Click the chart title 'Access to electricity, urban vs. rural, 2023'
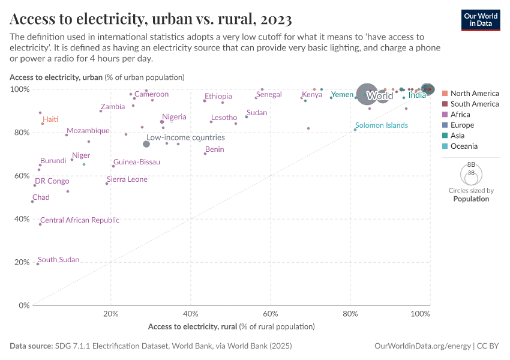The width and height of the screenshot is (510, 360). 151,19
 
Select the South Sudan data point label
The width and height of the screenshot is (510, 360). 58,260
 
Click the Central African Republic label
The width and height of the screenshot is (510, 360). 79,220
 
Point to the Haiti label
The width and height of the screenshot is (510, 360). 50,119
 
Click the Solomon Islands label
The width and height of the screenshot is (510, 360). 381,125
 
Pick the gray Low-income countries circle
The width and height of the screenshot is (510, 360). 146,144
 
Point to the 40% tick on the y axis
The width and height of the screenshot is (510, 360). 22,219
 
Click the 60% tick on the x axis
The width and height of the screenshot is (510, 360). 271,314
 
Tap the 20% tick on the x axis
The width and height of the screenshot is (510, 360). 110,314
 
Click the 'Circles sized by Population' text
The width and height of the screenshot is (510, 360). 471,195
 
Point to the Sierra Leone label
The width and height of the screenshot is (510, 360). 127,179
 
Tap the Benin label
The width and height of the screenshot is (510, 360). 214,149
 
